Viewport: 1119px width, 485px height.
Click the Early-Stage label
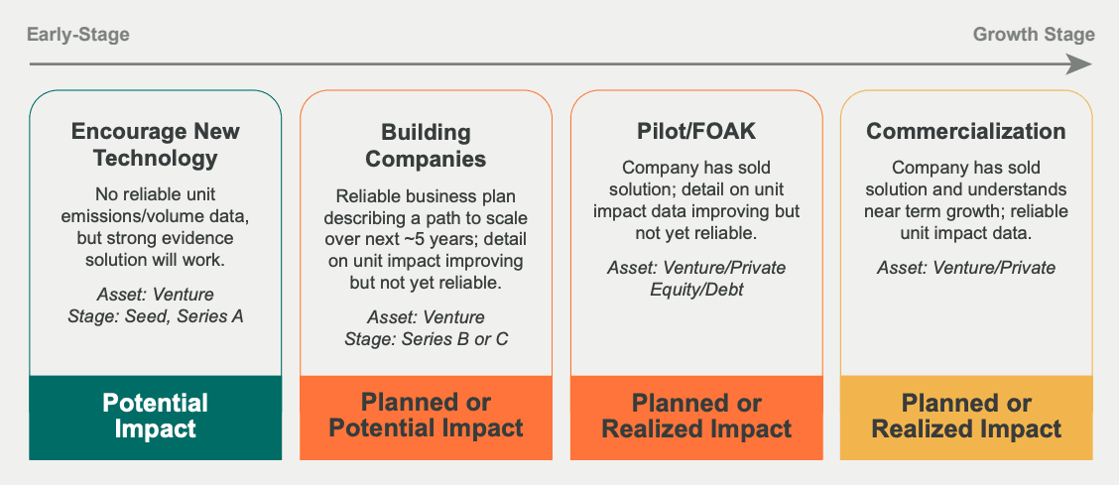pos(78,35)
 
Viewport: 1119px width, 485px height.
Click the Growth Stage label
pos(1034,35)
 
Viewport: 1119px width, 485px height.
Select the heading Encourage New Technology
pos(156,145)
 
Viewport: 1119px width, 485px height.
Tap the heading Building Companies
pos(426,145)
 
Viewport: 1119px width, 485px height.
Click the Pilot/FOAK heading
pos(696,132)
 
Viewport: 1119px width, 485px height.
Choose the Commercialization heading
pos(966,132)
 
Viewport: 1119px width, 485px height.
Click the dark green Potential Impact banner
pos(156,418)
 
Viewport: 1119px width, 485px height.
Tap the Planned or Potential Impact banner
pos(426,418)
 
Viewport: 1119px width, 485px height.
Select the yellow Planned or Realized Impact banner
pos(966,418)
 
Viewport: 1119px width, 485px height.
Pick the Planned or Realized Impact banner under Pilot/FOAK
pos(696,418)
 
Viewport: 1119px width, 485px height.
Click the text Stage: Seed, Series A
pos(156,316)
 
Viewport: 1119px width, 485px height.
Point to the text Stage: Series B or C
pos(426,338)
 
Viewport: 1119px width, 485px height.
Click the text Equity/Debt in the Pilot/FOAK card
pos(696,290)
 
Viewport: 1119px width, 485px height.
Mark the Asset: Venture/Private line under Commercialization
pos(966,268)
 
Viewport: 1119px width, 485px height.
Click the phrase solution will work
pos(156,260)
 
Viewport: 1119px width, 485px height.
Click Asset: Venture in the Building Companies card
pos(426,316)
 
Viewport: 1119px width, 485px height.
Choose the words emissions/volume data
pos(156,215)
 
